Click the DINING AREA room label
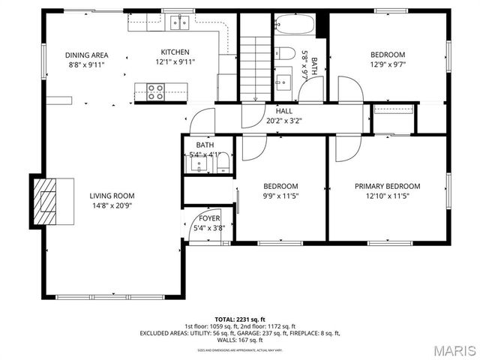[x=86, y=55]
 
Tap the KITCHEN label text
[x=175, y=52]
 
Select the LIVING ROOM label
[x=112, y=196]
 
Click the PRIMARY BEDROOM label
[x=387, y=186]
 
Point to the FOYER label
[x=209, y=218]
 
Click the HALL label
[x=283, y=111]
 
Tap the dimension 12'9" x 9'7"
[x=388, y=64]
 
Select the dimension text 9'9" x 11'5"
[x=280, y=196]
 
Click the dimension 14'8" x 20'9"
[x=112, y=205]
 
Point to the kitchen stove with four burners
[x=154, y=91]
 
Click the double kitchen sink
[x=178, y=22]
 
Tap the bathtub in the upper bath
[x=294, y=27]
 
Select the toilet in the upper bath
[x=284, y=52]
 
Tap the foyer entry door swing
[x=196, y=219]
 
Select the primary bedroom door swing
[x=346, y=149]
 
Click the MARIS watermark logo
[x=454, y=350]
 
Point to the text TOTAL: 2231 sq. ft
[x=239, y=319]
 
